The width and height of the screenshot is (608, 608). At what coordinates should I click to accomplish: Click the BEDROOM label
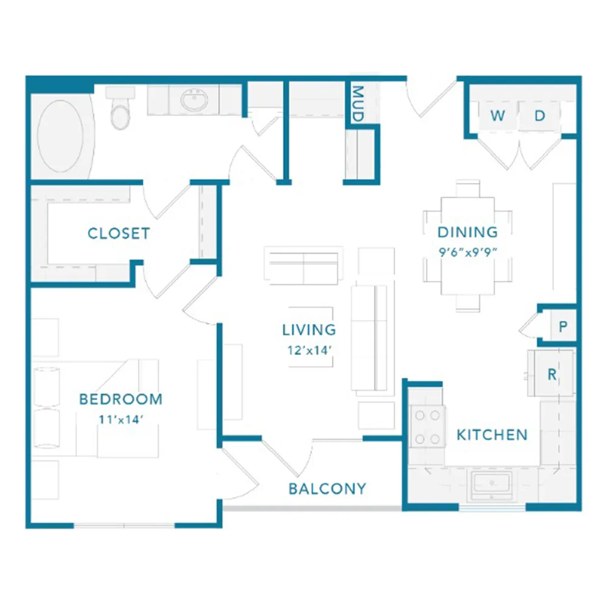coord(120,399)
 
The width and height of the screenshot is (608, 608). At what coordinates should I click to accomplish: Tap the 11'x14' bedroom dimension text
coord(121,420)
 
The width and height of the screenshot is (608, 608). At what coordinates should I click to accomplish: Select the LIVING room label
coord(309,330)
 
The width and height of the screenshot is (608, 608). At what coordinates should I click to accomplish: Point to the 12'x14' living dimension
coord(309,350)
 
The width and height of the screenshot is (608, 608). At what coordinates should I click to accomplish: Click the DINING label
coord(468,232)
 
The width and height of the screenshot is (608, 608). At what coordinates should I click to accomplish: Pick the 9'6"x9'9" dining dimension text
coord(468,252)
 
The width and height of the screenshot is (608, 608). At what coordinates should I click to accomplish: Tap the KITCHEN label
coord(492,435)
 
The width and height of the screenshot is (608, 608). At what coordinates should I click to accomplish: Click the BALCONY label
coord(328,489)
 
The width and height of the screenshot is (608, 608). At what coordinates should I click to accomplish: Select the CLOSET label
coord(119,233)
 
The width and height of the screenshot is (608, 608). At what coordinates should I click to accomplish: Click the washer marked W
coord(498,116)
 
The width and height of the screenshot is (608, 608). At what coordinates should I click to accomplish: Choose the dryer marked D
coord(540,116)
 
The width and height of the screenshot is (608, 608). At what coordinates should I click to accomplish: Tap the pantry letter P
coord(563,326)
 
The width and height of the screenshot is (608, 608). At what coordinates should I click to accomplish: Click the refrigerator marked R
coord(552,374)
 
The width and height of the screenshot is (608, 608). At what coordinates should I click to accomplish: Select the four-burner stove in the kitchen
coord(427,427)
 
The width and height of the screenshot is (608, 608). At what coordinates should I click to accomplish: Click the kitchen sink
coord(491,485)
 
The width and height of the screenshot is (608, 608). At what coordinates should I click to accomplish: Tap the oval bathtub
coord(60,136)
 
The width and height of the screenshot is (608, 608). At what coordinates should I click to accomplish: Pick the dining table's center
coord(468,246)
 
